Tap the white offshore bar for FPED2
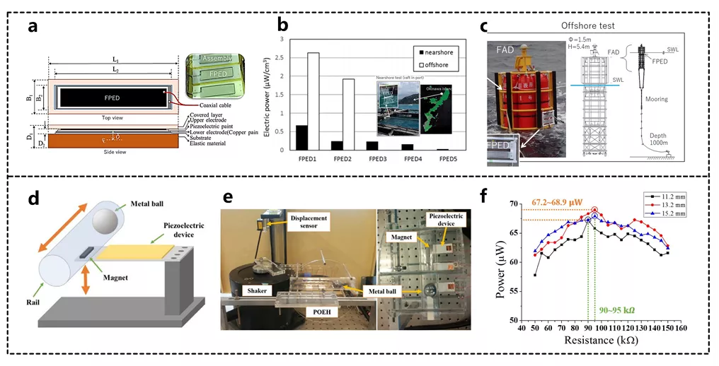pos(349,114)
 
